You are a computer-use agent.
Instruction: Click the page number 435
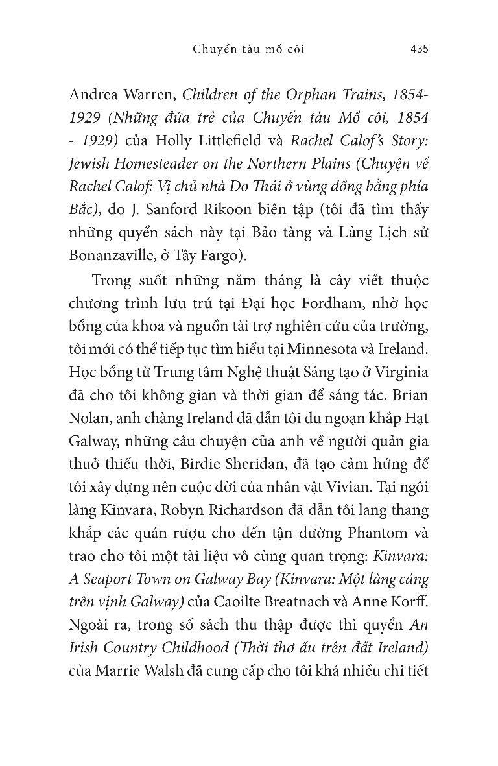click(x=420, y=49)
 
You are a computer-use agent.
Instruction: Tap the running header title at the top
click(x=249, y=49)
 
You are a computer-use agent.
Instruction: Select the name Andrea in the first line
click(x=93, y=95)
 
